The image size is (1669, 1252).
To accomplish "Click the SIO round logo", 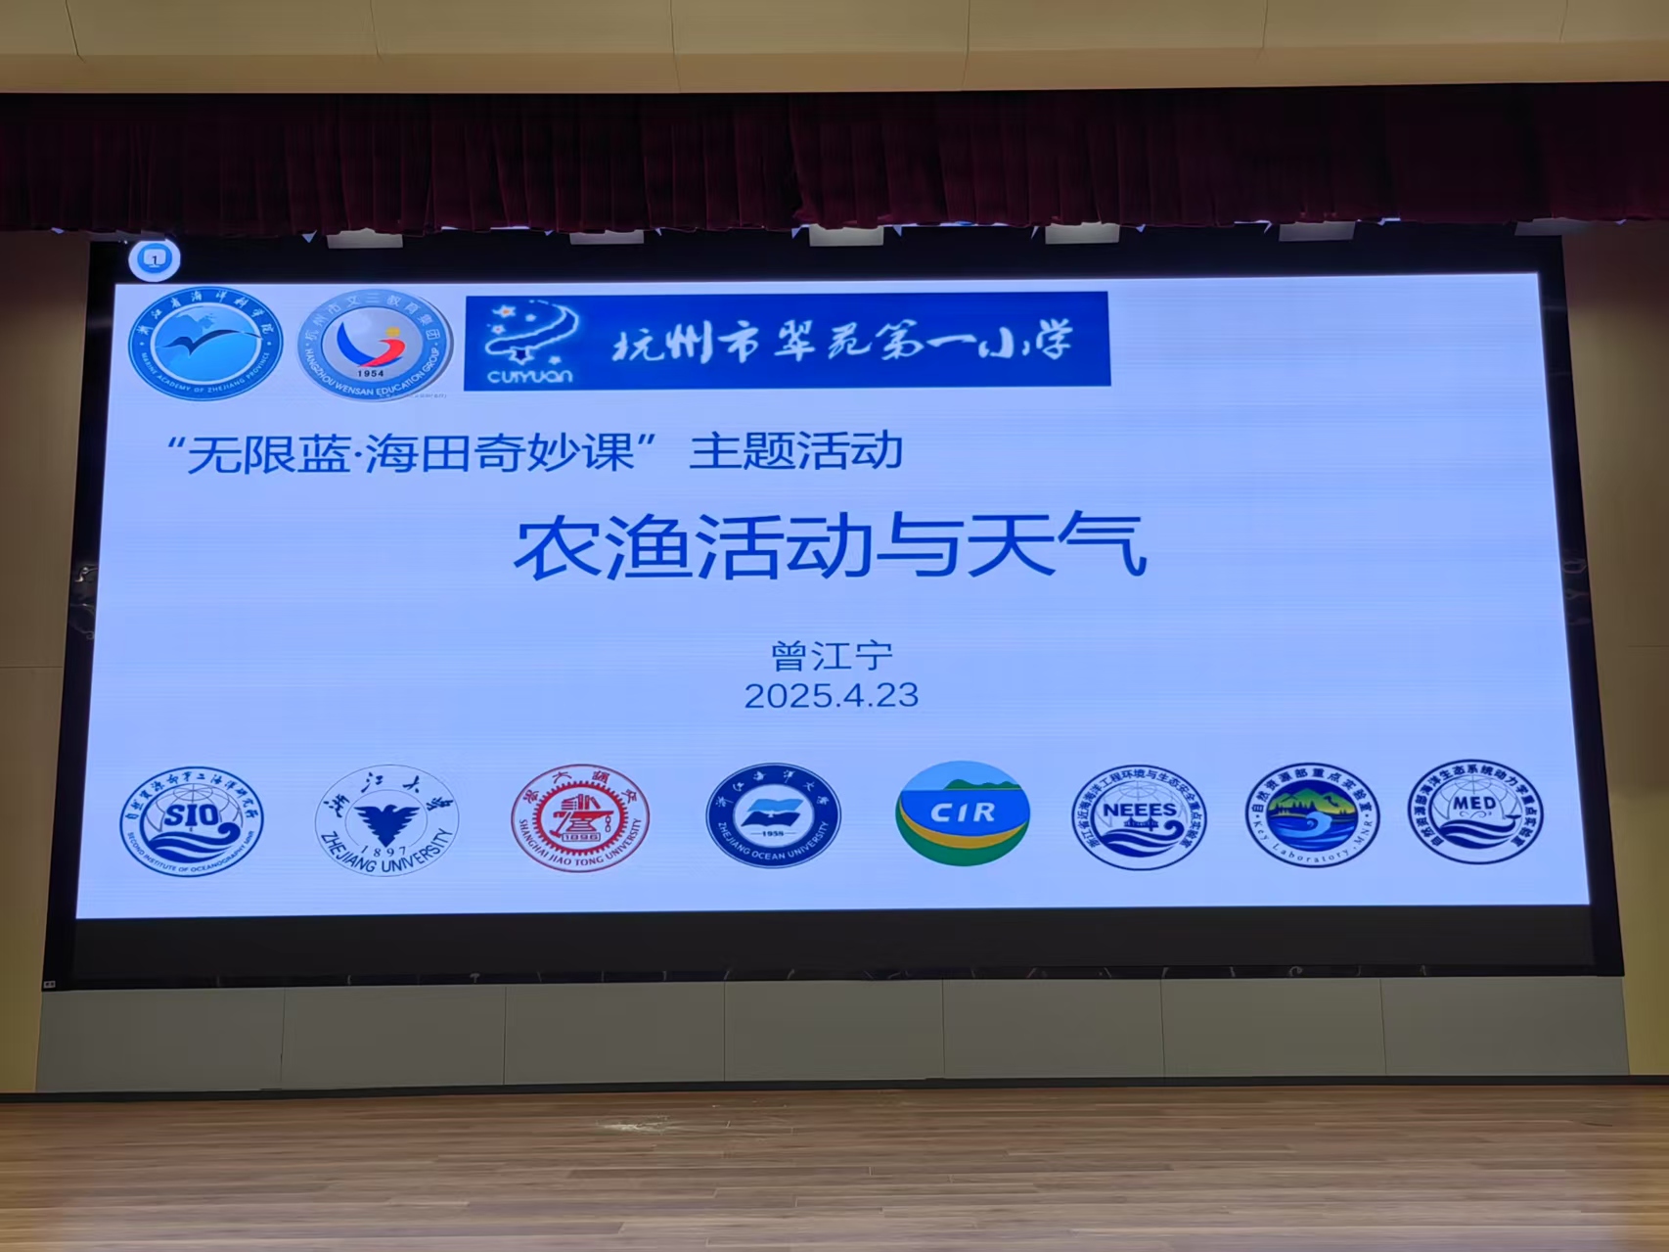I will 192,820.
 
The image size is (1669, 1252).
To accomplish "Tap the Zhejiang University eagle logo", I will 386,819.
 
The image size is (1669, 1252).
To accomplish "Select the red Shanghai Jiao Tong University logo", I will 579,817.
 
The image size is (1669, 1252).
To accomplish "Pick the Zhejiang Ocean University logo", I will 773,815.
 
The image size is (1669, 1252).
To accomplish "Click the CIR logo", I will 963,813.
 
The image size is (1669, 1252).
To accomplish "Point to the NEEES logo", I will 1139,816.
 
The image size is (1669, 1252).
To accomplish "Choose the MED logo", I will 1476,811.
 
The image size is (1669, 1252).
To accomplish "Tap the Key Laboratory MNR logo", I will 1312,814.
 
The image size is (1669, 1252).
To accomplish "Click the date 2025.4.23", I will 831,696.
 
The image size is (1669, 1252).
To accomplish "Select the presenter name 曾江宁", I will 832,655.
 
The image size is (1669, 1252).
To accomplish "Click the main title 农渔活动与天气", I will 830,547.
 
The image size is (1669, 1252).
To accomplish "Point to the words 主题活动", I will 795,451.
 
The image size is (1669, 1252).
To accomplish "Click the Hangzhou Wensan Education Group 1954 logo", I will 375,344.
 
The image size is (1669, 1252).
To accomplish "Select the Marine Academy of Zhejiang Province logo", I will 205,343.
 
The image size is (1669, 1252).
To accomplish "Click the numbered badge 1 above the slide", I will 155,259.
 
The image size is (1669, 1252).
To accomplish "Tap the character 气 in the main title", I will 1107,546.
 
